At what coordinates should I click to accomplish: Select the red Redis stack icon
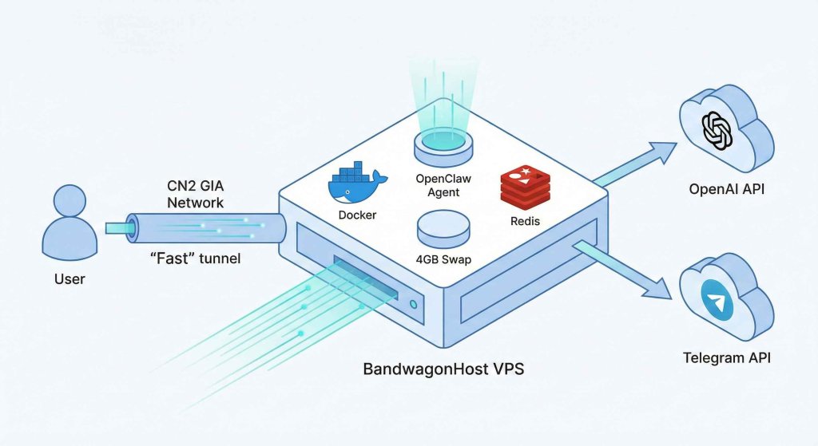524,186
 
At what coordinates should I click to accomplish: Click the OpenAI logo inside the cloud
717,131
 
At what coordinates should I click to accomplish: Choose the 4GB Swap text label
444,259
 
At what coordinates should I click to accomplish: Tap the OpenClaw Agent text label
444,184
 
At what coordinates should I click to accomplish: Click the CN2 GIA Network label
195,194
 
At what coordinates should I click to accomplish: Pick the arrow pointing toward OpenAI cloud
639,163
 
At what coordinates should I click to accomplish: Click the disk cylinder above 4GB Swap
444,228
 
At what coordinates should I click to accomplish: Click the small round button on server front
411,304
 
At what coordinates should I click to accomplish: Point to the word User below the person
69,279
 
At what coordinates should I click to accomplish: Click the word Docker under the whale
357,215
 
